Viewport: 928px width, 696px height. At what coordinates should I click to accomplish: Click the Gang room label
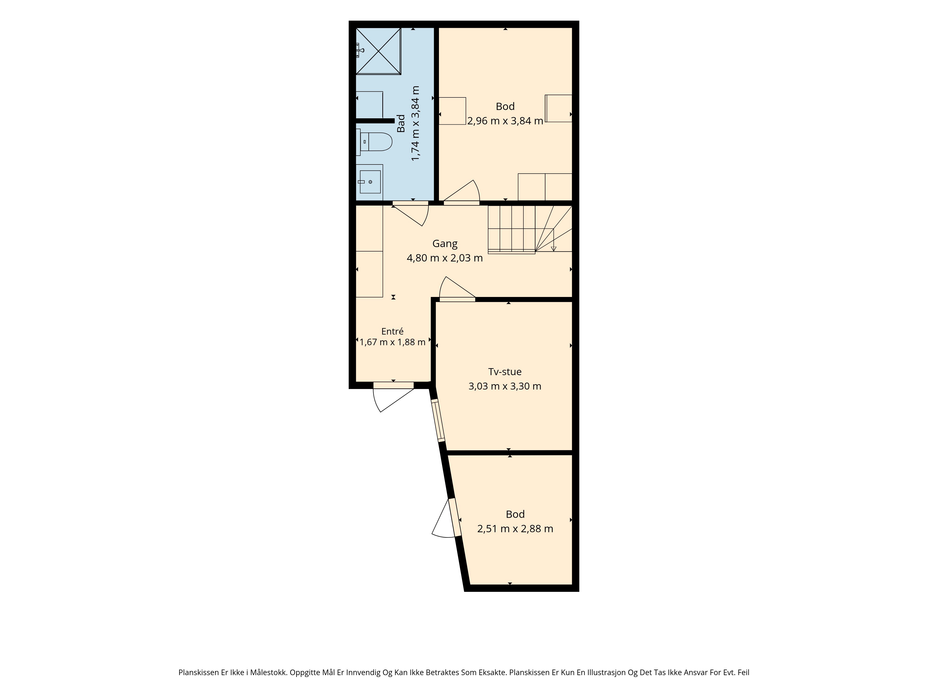pos(445,243)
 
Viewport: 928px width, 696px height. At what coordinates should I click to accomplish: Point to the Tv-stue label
pos(505,372)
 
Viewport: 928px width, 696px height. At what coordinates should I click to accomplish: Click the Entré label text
pos(392,332)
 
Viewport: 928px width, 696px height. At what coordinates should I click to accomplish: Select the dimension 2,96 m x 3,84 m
pos(505,121)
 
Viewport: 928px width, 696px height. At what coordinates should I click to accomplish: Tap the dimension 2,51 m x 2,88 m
pos(515,528)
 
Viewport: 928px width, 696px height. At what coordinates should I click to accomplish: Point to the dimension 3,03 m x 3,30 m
pos(505,386)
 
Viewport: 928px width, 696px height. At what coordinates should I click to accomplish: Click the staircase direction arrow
pos(553,240)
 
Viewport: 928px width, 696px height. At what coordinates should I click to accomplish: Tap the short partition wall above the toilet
pos(375,121)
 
